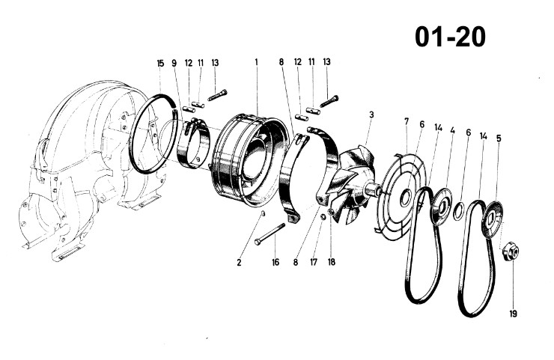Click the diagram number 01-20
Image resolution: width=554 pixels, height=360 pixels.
(450, 37)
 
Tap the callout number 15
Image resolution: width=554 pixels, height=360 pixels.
(160, 63)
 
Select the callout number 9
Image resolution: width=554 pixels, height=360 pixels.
(174, 63)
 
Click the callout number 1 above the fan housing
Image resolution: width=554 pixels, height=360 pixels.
(257, 62)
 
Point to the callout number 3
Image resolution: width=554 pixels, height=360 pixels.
(371, 115)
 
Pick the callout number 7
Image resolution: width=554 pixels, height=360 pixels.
(407, 121)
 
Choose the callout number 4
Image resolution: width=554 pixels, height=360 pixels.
(453, 130)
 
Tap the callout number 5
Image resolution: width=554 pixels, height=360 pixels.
(499, 138)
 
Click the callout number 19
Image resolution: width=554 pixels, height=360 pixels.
(513, 314)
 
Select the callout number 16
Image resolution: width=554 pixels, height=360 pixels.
(276, 262)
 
